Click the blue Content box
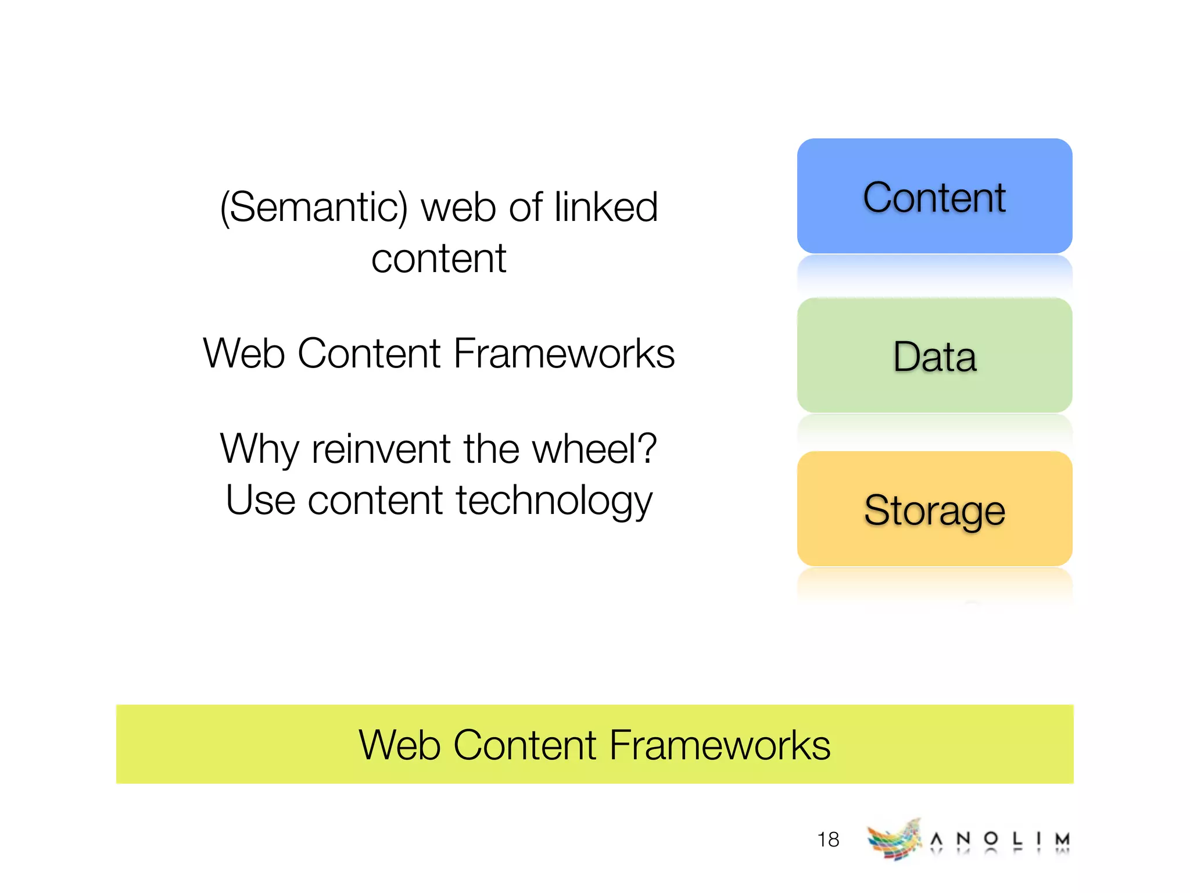coord(934,196)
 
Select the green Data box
coord(934,355)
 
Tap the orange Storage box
coord(934,509)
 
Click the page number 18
coord(828,839)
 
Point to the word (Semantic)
coord(314,208)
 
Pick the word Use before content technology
coord(261,500)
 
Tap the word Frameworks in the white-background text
coord(564,353)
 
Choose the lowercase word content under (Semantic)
coord(439,259)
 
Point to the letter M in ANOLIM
coord(1062,839)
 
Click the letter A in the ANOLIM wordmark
coord(936,839)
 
